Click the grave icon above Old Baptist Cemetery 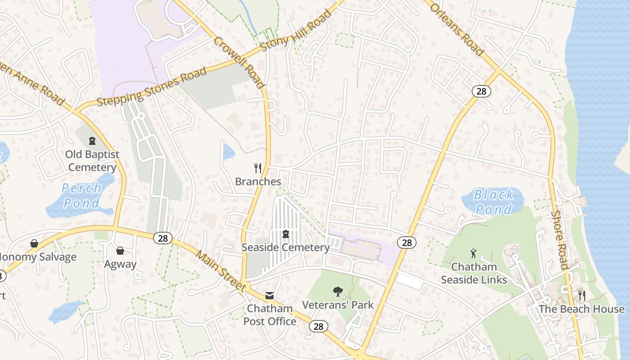[x=92, y=141]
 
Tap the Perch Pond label [x=81, y=195]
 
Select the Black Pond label [x=494, y=202]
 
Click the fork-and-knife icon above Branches [x=258, y=168]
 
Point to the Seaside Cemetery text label [x=285, y=247]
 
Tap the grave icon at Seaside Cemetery [x=285, y=234]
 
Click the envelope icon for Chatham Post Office [x=270, y=296]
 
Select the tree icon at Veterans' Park [x=337, y=292]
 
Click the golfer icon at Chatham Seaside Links [x=473, y=253]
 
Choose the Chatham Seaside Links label [x=474, y=273]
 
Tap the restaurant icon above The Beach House [x=582, y=295]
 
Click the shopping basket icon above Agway [x=120, y=251]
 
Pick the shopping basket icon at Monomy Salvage [x=34, y=244]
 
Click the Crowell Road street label [x=238, y=62]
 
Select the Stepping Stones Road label [x=152, y=87]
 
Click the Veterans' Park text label [x=337, y=305]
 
